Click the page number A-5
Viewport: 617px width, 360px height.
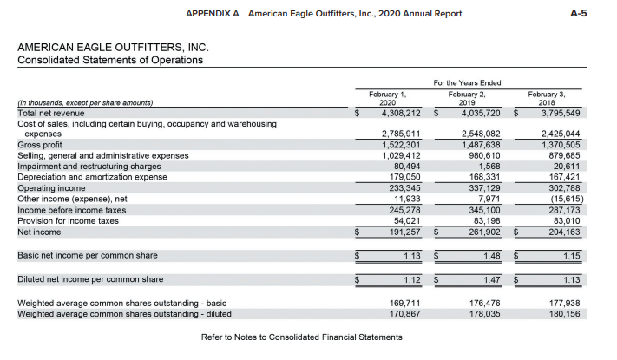tap(579, 13)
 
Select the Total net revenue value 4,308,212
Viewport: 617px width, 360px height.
tap(401, 114)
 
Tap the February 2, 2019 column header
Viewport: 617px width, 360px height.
tap(467, 98)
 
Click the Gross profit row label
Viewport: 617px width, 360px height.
tap(40, 145)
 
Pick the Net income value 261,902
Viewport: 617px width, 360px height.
tap(484, 232)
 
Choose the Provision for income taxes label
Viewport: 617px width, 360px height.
tap(68, 221)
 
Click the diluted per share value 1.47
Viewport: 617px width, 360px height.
tap(492, 279)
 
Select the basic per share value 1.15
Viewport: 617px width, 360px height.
tap(571, 256)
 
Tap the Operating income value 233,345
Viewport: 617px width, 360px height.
tap(405, 188)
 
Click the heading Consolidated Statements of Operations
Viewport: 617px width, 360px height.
tap(110, 60)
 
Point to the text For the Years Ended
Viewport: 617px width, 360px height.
tap(467, 83)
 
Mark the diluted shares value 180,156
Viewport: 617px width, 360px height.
tap(564, 314)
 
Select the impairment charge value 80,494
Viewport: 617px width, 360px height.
tap(407, 167)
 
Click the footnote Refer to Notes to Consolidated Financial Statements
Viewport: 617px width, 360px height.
tap(302, 337)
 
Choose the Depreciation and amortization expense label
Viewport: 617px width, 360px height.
tap(93, 177)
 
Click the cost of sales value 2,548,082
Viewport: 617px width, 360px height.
tap(481, 134)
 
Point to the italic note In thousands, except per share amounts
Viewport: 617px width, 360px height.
tap(85, 103)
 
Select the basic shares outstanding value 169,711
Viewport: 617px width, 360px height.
tap(405, 304)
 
